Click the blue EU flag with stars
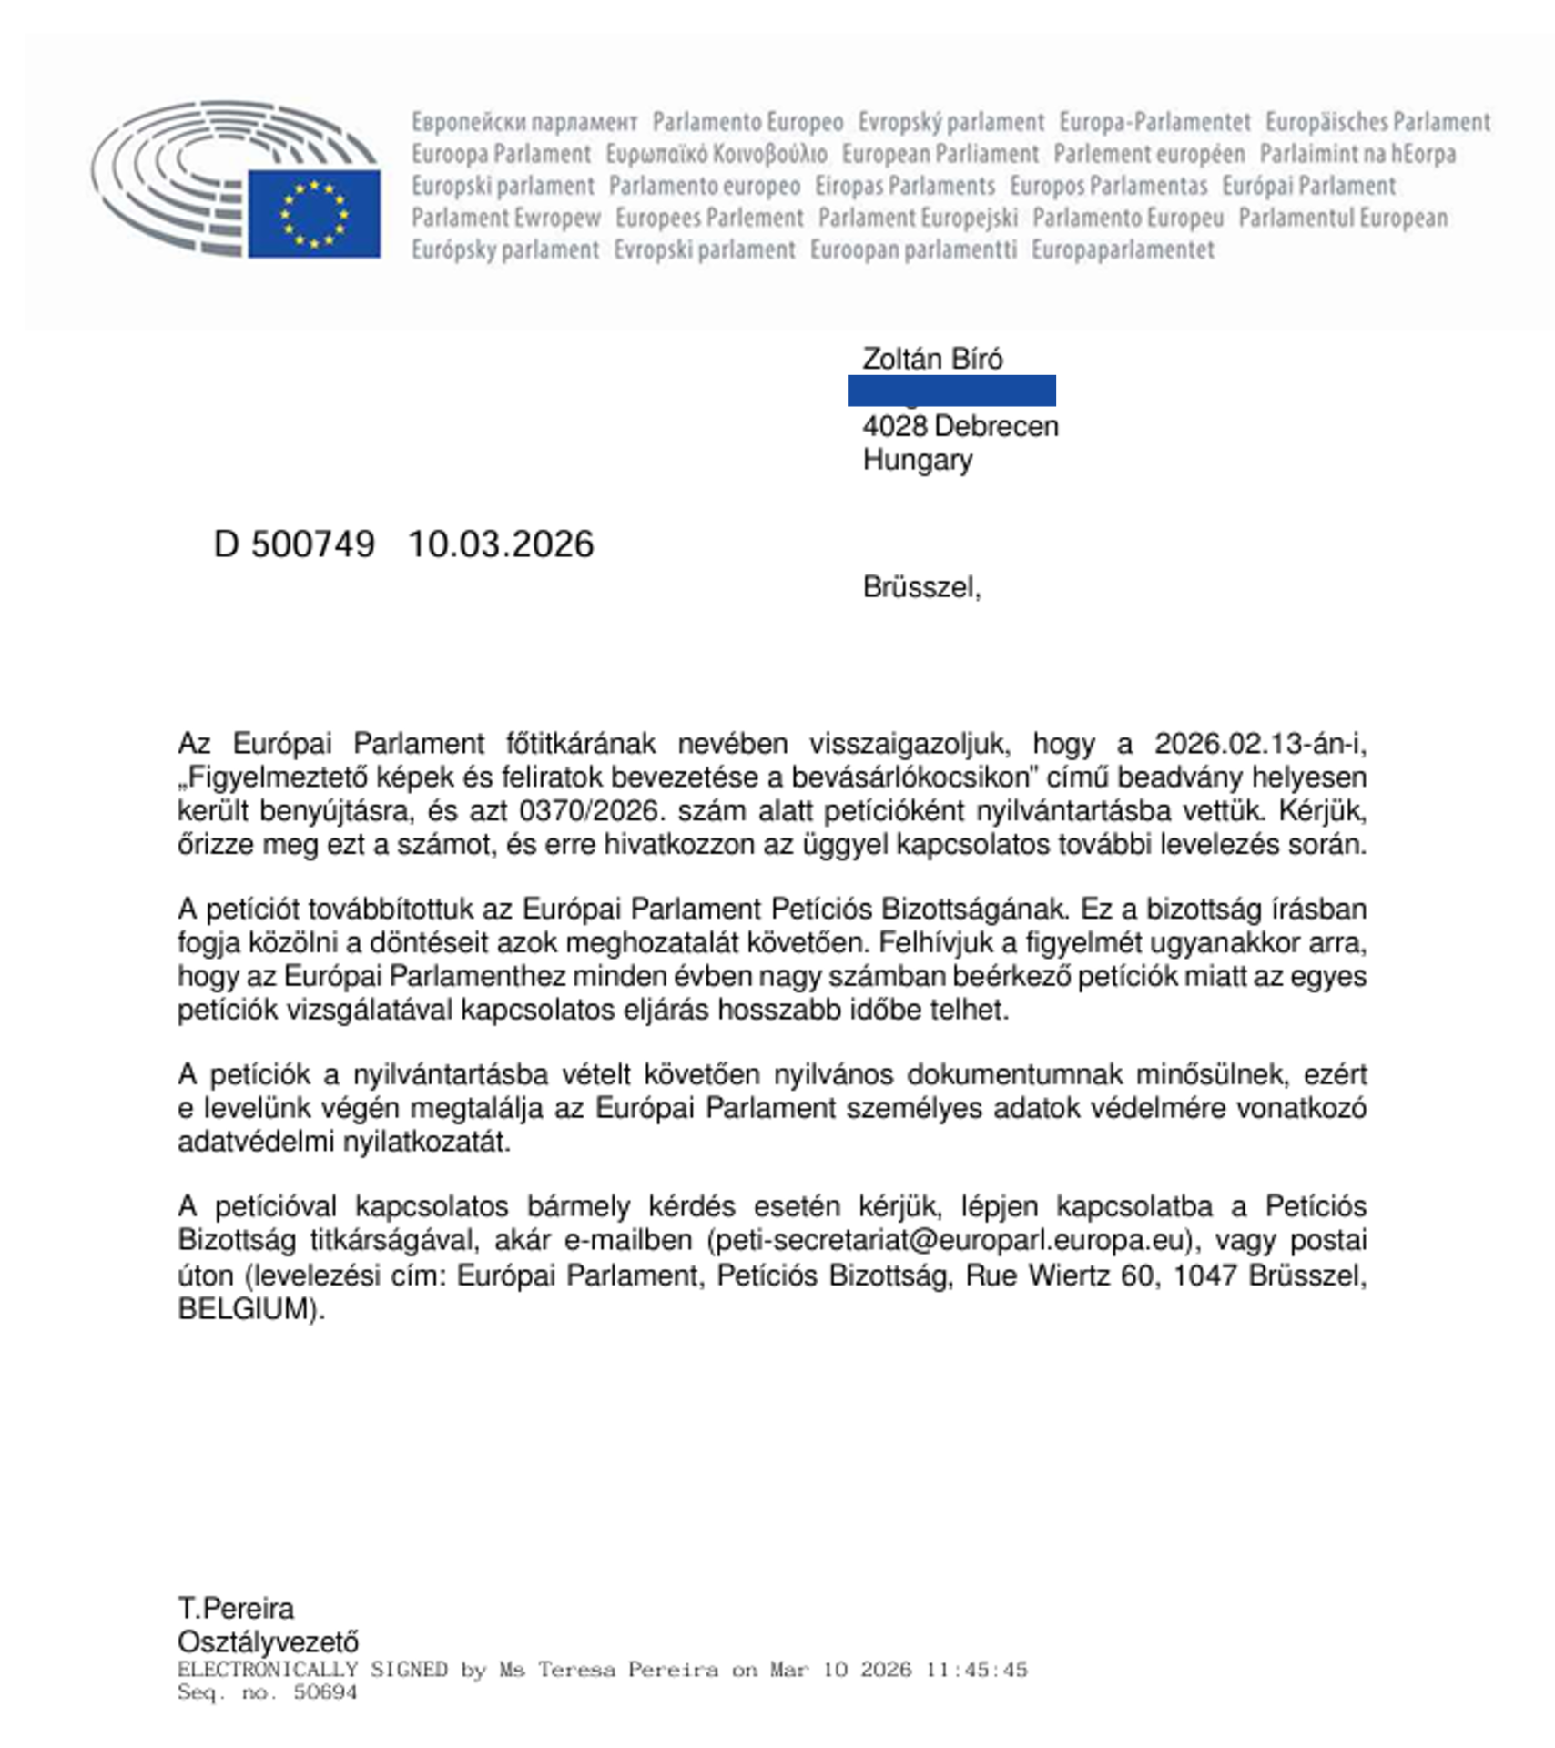click(314, 214)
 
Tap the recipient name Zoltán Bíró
click(932, 359)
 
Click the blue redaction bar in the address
click(951, 391)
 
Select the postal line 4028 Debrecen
click(960, 426)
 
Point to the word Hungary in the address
click(917, 460)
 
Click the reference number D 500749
click(294, 544)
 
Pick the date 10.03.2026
click(501, 544)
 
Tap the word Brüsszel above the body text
click(920, 587)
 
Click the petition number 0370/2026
click(587, 810)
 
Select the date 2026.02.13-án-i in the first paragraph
click(1260, 744)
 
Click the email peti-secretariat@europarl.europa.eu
click(950, 1241)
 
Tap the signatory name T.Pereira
click(236, 1609)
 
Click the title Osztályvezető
click(268, 1642)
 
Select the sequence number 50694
click(325, 1692)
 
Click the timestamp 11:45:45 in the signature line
click(976, 1670)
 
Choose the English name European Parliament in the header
click(940, 154)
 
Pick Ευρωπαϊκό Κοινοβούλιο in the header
click(717, 154)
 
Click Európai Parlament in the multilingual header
click(1308, 186)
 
